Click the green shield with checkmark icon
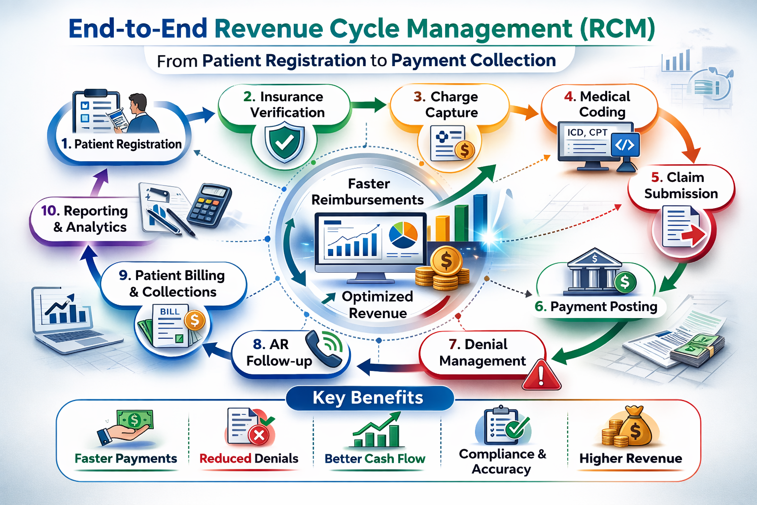[x=284, y=143]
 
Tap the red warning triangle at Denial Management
[x=541, y=376]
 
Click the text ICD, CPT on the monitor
[x=587, y=133]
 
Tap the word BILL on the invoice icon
[x=170, y=312]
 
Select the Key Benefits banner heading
[x=368, y=397]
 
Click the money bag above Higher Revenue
[x=635, y=427]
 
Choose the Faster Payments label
[x=126, y=459]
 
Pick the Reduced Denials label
[x=249, y=459]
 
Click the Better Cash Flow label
[x=375, y=459]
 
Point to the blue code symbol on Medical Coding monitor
[x=625, y=145]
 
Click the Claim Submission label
[x=681, y=185]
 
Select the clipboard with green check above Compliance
[x=503, y=425]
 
